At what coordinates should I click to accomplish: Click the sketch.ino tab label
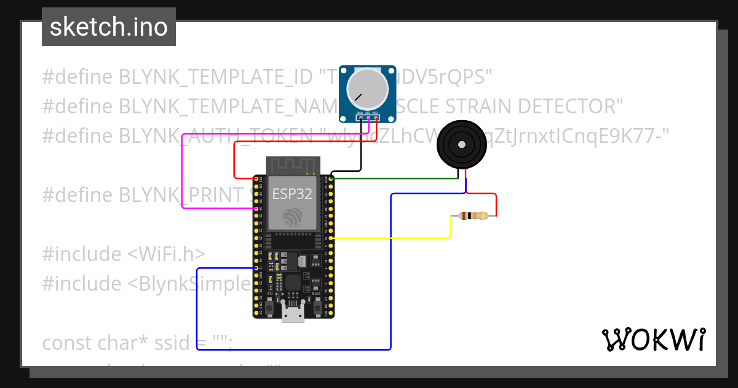click(x=109, y=27)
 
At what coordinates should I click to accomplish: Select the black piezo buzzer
click(x=460, y=144)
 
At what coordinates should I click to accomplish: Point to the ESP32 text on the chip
click(x=292, y=194)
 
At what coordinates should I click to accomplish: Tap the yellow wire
click(x=394, y=238)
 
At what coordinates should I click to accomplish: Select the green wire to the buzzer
click(x=394, y=179)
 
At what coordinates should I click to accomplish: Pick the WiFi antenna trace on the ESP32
click(x=293, y=165)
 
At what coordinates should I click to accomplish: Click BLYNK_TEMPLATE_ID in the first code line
click(x=215, y=77)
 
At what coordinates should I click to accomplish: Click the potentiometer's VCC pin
click(x=375, y=118)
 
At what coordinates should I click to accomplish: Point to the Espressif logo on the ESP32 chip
click(x=293, y=216)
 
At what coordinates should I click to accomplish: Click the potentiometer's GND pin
click(x=360, y=118)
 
